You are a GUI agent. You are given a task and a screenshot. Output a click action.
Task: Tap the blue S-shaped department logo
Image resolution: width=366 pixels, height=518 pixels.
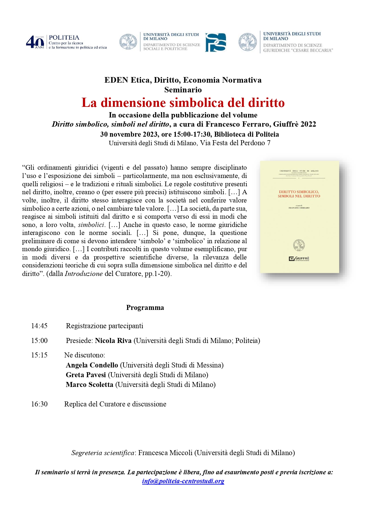point(216,42)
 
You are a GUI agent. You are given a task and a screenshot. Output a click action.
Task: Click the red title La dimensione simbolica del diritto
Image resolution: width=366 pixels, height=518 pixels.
point(183,103)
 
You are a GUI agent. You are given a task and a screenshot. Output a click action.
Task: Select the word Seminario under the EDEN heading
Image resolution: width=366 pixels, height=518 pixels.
point(183,90)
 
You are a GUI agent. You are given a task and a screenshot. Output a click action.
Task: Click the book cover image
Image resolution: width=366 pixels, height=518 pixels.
point(299,217)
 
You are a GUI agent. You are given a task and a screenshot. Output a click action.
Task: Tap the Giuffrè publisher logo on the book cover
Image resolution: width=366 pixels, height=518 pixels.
point(299,259)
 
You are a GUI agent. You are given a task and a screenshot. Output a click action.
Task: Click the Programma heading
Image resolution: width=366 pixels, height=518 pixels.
point(145,308)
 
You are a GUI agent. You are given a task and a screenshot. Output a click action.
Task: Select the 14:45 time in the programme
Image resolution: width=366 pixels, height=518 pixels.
point(39,326)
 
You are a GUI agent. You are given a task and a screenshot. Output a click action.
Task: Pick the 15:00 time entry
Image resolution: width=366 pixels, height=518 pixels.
point(39,341)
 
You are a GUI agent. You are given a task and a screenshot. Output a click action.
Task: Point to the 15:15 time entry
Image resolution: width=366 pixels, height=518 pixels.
point(39,355)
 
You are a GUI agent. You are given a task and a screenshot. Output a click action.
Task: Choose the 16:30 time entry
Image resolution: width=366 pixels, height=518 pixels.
point(39,404)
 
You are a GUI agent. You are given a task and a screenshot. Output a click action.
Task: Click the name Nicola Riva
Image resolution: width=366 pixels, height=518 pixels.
point(113,341)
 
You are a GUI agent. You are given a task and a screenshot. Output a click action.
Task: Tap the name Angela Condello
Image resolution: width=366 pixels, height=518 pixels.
point(92,365)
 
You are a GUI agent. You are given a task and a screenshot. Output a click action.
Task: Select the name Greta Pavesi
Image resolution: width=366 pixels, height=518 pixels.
point(86,375)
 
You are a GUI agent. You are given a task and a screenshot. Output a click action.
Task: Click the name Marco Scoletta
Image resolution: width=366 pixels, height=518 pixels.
point(89,385)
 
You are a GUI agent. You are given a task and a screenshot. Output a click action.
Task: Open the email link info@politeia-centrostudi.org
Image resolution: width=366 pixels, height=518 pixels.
point(183,481)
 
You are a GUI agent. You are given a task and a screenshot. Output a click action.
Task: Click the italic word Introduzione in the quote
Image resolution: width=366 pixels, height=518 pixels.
point(84,274)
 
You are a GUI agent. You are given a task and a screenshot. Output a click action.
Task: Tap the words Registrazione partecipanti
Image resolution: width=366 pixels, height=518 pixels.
point(104,326)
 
